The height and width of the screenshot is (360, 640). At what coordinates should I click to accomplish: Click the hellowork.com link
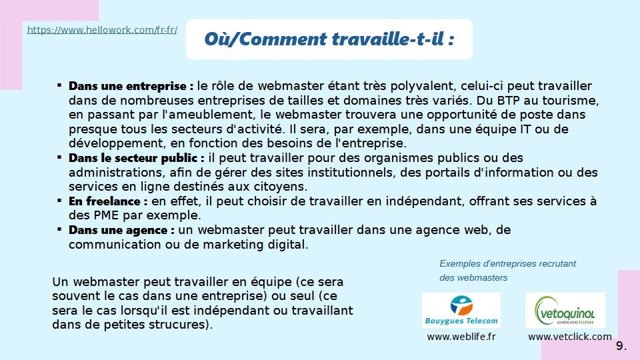click(102, 30)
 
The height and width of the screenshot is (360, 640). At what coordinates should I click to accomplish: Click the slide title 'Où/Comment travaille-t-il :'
click(329, 39)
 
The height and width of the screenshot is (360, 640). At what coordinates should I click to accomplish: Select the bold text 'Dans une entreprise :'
click(131, 86)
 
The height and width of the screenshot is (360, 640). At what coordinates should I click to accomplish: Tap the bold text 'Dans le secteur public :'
click(136, 158)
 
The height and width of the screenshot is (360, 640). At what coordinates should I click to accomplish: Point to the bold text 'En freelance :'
click(108, 201)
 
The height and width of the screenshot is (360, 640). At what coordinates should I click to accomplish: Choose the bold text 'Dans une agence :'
click(121, 230)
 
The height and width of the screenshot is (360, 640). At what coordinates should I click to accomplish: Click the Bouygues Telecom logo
click(461, 310)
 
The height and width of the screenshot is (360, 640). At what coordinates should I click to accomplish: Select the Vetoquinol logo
click(565, 310)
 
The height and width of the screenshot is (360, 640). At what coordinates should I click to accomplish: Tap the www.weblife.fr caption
click(461, 337)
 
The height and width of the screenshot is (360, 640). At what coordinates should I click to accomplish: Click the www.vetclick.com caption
click(570, 337)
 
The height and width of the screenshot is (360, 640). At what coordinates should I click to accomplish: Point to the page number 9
click(621, 346)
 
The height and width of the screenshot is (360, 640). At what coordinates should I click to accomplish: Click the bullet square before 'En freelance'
click(59, 201)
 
